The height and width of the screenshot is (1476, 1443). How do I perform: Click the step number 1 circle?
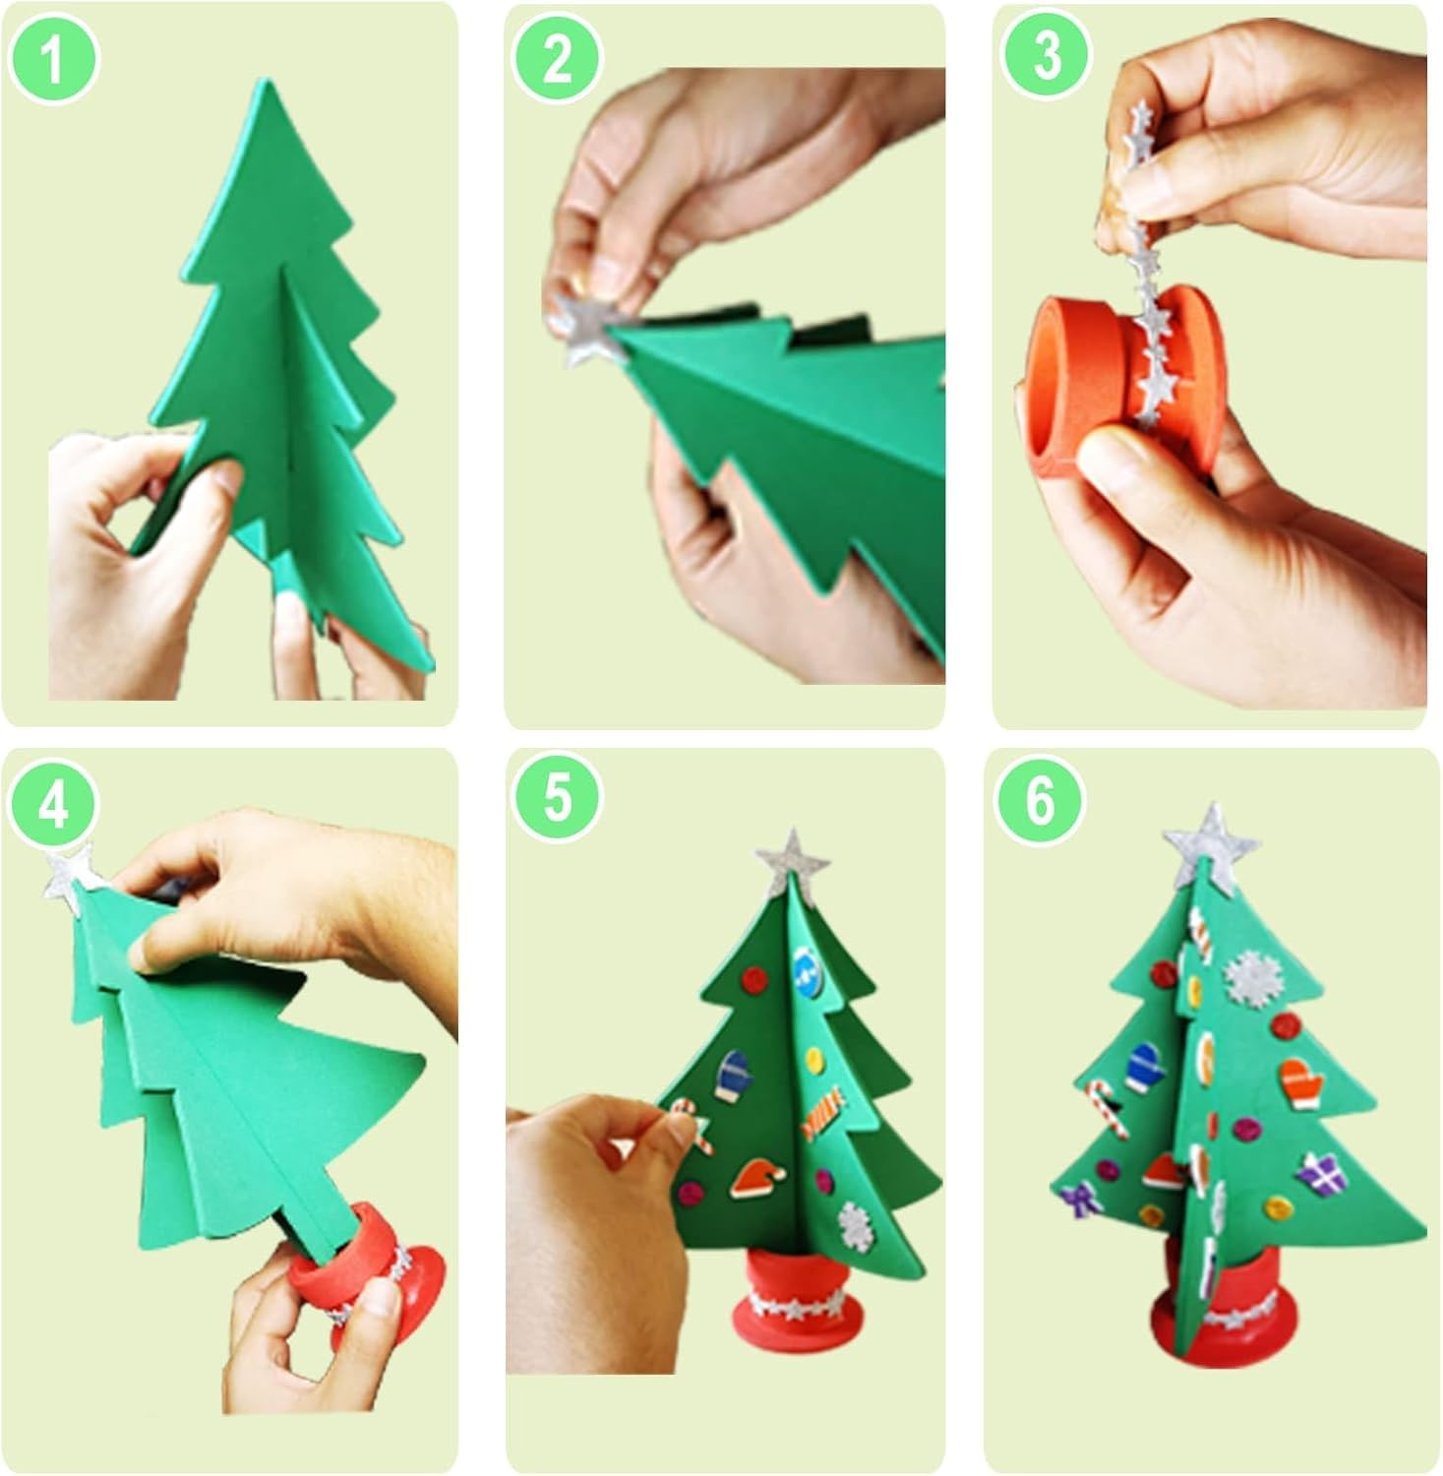54,58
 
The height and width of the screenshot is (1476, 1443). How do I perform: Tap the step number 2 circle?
557,58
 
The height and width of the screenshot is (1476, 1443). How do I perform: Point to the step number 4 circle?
54,805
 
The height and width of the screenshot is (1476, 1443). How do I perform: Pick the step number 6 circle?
1041,801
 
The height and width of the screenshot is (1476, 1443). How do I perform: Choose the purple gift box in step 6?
1315,1173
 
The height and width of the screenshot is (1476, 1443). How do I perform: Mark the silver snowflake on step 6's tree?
1249,974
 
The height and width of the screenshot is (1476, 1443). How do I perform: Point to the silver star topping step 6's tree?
1211,846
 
